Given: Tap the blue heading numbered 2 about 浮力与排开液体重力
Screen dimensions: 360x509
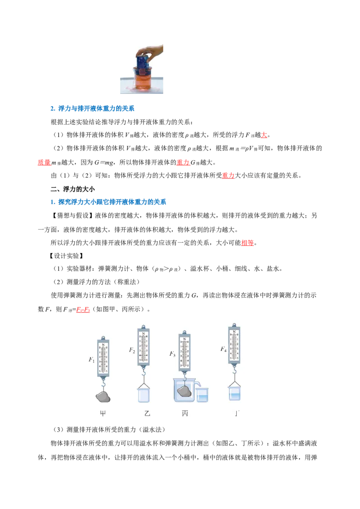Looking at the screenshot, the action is tap(93, 108).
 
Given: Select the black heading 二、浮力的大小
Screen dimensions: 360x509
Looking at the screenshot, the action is tap(73, 189).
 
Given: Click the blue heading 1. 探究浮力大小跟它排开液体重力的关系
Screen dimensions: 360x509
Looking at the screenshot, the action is tap(108, 202).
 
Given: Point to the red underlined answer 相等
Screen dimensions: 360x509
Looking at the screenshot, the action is tap(247, 242).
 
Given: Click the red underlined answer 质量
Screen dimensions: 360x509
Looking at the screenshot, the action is tap(44, 162).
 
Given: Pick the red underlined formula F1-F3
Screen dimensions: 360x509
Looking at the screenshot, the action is tap(83, 309).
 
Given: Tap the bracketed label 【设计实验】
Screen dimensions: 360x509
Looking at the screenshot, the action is tap(66, 256).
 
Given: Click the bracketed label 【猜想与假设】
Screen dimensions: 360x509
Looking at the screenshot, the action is tap(72, 215).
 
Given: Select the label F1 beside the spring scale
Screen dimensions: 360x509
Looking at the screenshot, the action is tap(92, 360).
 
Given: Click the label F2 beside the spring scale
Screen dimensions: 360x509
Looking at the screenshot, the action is tap(132, 350).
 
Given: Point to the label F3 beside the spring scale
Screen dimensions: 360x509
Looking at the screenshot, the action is tap(172, 354).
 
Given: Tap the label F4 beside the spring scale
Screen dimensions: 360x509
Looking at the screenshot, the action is tap(223, 349).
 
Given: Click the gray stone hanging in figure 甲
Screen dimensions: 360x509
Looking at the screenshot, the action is tap(103, 397).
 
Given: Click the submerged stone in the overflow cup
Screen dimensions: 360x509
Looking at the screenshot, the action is tap(184, 391).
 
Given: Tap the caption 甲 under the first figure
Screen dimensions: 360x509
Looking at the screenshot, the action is tap(103, 413).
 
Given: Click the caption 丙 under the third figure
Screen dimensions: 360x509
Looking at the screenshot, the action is tap(185, 413).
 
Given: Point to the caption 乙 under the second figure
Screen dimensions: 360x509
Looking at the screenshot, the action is tap(147, 413).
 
